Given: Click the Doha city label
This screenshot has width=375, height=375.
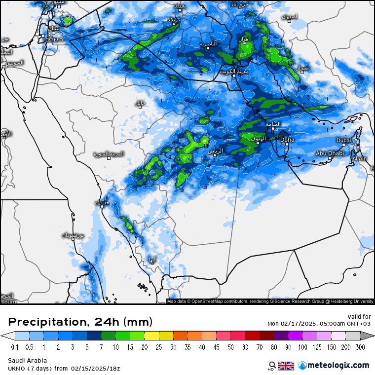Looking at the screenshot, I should point(287,140).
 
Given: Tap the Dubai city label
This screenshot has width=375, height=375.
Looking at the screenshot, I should point(344,140).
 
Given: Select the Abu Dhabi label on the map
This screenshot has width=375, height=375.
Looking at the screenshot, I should point(329,153).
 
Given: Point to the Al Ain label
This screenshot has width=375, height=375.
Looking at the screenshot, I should point(359,158).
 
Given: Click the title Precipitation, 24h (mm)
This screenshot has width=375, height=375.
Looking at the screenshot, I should point(80,322).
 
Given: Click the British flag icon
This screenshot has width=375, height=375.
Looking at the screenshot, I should point(286,366).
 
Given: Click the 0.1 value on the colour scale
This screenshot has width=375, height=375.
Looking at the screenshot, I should point(15,347).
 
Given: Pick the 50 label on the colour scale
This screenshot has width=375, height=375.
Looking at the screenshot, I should point(232,347).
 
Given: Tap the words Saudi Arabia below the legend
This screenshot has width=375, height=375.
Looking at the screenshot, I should point(27,360).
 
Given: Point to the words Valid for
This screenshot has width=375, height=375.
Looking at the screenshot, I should point(359,316).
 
